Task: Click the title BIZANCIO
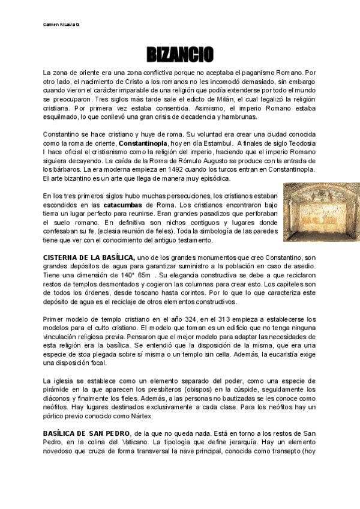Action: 180,55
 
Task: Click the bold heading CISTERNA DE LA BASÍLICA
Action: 89,258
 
